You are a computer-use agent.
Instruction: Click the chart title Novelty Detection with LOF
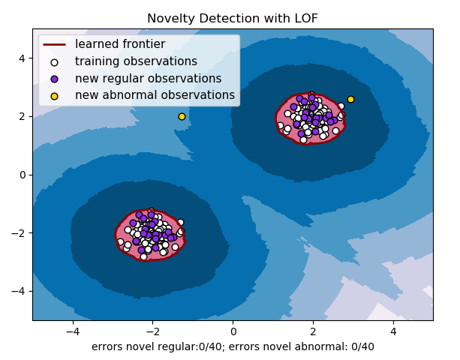[x=232, y=18]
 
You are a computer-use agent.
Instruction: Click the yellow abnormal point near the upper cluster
[x=350, y=99]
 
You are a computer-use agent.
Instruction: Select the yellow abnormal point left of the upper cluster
[x=182, y=116]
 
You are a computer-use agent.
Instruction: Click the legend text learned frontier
[x=120, y=44]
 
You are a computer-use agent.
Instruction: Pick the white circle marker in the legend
[x=54, y=61]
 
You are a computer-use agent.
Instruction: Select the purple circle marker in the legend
[x=54, y=79]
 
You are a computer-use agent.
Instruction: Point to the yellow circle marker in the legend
[x=54, y=96]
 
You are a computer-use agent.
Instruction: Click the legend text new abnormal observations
[x=155, y=95]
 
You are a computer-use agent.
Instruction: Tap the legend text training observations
[x=136, y=61]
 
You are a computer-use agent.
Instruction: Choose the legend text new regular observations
[x=148, y=79]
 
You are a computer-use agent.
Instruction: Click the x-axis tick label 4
[x=393, y=331]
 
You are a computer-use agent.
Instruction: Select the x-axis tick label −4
[x=73, y=331]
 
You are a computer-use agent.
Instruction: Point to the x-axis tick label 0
[x=233, y=331]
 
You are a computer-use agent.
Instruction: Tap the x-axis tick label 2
[x=313, y=331]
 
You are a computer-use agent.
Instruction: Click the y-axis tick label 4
[x=23, y=58]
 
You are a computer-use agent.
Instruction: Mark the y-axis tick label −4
[x=19, y=291]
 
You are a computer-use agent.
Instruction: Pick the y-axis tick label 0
[x=23, y=175]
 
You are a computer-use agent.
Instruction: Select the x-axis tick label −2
[x=152, y=331]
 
